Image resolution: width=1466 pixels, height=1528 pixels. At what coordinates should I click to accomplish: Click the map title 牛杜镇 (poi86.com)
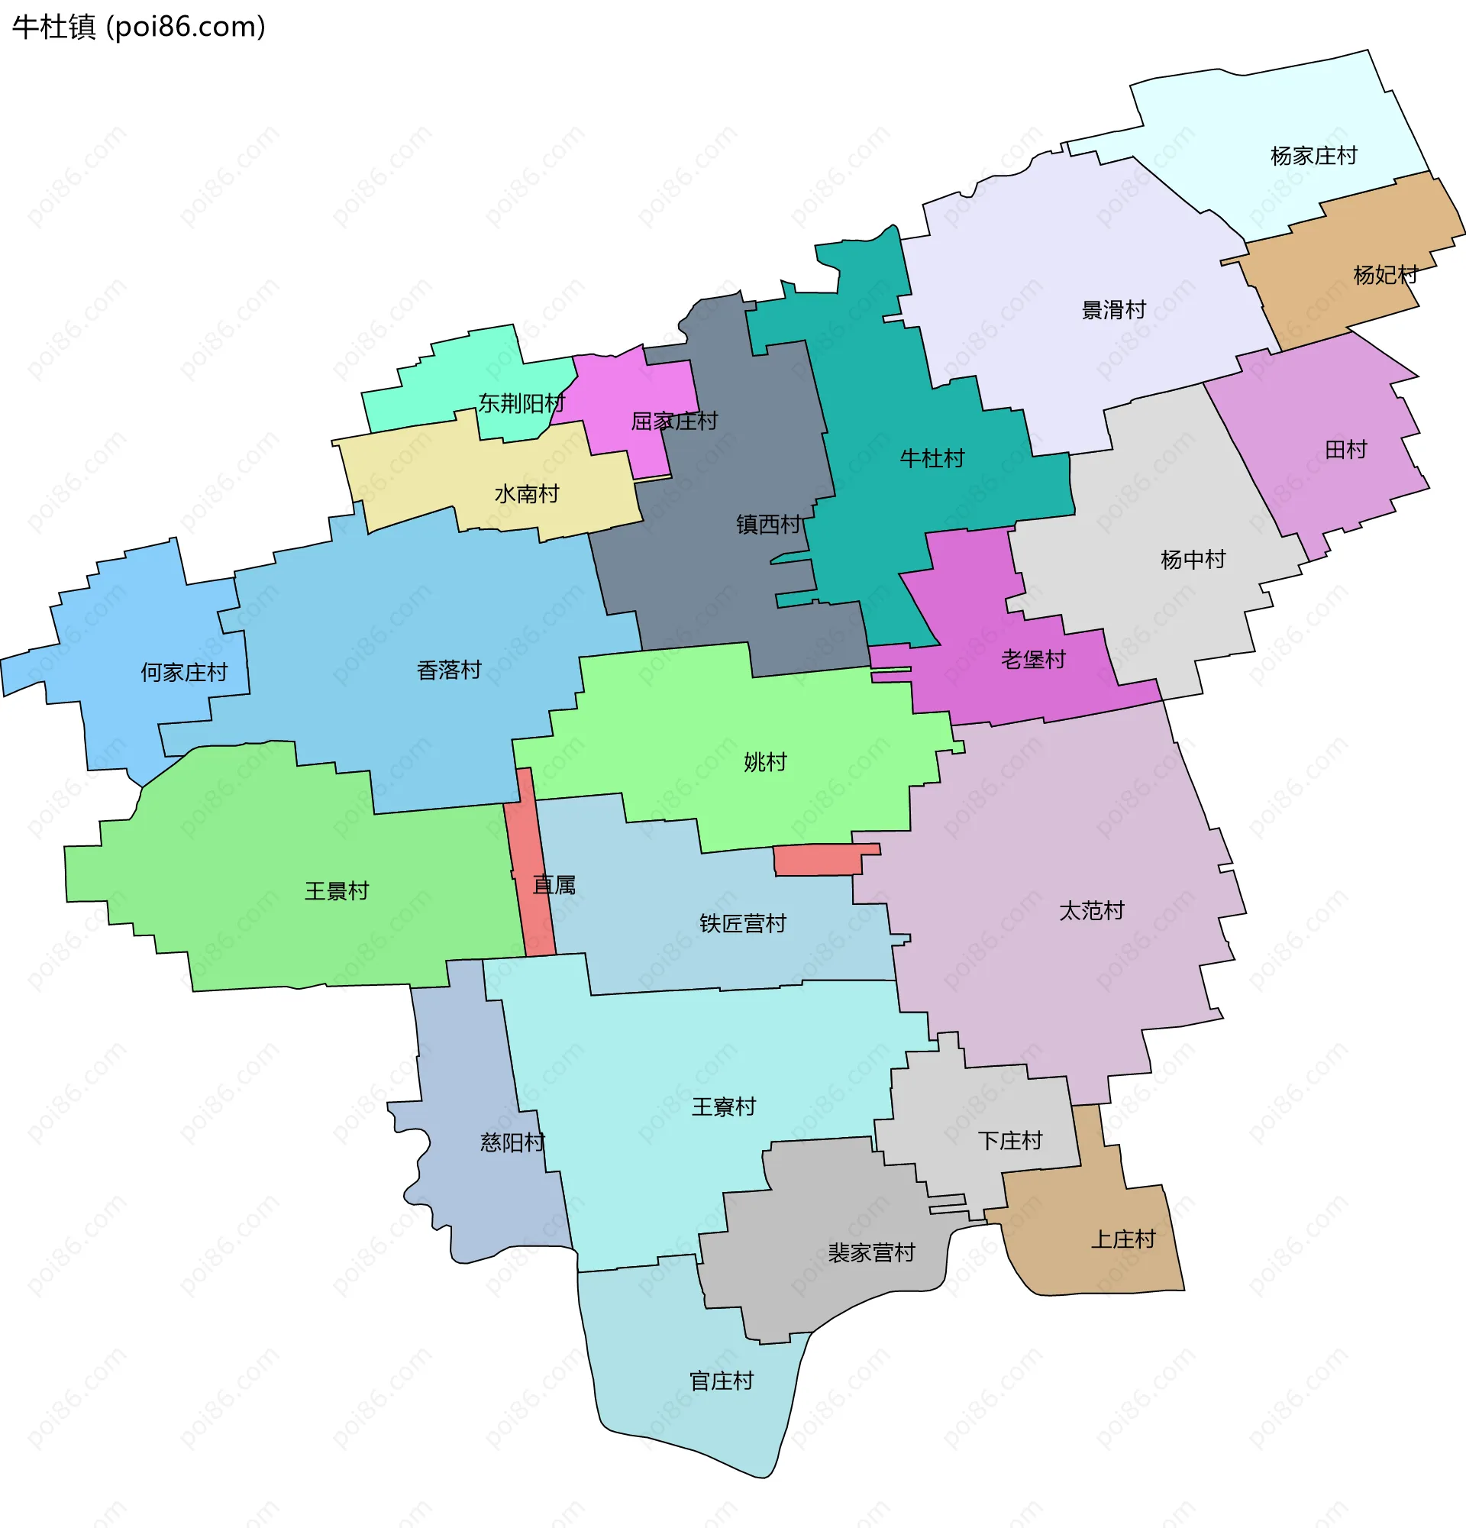tap(139, 27)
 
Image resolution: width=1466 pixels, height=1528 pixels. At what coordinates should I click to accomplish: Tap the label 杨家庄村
tap(1313, 156)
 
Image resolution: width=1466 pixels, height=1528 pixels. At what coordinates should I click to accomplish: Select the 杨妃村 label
tap(1385, 275)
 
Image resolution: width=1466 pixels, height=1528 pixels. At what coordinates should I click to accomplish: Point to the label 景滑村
tap(1113, 310)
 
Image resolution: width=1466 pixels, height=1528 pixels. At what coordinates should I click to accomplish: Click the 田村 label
tap(1346, 450)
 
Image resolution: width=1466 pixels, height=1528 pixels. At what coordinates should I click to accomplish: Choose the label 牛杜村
tap(932, 458)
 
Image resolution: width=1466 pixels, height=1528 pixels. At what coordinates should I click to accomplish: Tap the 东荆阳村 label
tap(521, 404)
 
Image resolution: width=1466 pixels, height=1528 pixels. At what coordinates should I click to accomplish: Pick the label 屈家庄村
tap(674, 422)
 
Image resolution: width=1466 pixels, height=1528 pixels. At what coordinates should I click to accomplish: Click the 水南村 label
tap(526, 494)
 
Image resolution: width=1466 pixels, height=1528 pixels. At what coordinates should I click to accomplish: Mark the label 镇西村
tap(768, 525)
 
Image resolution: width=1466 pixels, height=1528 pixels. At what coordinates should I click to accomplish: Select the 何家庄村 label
tap(184, 672)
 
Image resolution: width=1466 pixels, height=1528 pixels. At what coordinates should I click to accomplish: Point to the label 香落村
tap(449, 670)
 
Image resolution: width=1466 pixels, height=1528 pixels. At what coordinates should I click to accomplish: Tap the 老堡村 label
tap(1032, 661)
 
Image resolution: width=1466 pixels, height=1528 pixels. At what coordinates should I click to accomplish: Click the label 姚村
tap(764, 762)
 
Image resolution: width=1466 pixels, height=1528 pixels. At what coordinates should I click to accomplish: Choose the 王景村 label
tap(336, 891)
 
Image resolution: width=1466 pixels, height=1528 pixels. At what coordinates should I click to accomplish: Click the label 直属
tap(554, 885)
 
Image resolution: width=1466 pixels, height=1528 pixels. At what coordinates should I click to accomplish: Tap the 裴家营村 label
tap(870, 1254)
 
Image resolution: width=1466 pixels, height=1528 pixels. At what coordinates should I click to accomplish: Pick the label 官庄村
tap(721, 1381)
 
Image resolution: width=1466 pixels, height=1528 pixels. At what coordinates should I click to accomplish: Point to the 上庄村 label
tap(1122, 1239)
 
